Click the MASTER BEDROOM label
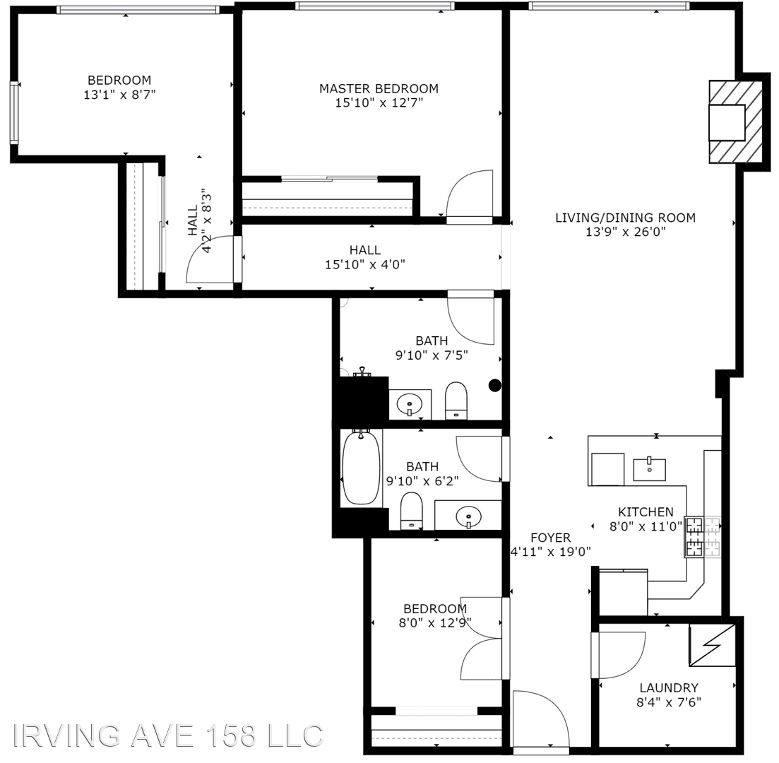379,88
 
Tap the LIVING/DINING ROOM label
625,217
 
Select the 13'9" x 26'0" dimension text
626,232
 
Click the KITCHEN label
646,512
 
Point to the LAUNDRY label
669,688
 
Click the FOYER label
550,538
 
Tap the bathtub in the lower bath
361,468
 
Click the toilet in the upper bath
456,401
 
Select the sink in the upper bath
410,405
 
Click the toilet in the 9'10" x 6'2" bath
411,511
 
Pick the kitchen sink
649,469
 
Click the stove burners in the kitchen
703,537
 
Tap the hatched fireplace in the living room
735,122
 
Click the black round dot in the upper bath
495,385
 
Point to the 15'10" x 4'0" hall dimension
365,264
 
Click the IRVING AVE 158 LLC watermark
167,735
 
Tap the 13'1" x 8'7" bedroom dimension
119,95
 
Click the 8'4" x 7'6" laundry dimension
669,702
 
